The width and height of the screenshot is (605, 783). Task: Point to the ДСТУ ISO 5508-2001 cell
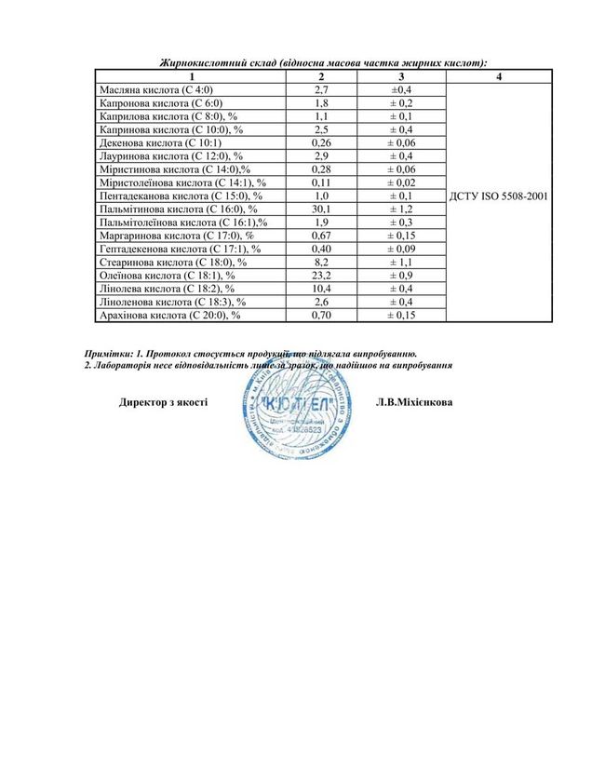coord(499,196)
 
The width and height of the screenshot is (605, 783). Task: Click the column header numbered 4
coord(499,75)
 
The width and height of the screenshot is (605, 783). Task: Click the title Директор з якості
coord(163,403)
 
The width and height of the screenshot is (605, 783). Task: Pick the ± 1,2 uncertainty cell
coord(401,210)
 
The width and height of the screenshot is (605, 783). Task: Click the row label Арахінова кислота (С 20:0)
coord(170,317)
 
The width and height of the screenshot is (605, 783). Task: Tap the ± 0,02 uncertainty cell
coord(401,183)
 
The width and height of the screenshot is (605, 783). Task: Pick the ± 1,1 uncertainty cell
coord(401,263)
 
